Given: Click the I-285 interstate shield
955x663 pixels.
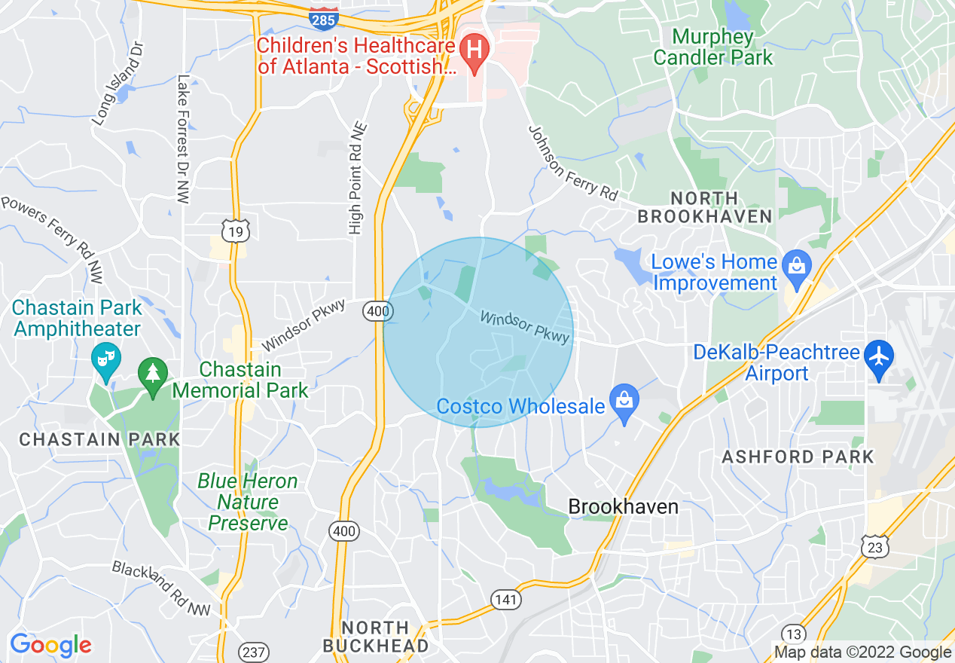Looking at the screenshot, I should [323, 20].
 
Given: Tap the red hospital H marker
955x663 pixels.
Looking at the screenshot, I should [474, 50].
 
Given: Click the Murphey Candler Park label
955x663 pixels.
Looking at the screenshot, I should [712, 47].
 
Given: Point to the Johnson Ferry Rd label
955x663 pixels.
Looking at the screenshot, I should [572, 163].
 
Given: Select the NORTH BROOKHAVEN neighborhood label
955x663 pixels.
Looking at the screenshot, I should [704, 207].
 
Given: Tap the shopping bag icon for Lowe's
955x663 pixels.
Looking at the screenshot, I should [795, 265].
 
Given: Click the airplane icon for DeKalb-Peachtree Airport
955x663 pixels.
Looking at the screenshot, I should [878, 355].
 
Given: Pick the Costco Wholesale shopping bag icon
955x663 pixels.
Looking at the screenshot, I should [624, 399].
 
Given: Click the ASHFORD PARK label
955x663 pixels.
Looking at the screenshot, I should [798, 457].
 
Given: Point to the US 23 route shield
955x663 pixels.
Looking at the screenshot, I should [875, 548].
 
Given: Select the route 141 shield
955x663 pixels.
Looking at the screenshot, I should [506, 600].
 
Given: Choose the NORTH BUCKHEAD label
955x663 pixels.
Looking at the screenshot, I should [375, 637].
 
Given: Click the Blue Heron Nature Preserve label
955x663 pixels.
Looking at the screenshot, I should [248, 502].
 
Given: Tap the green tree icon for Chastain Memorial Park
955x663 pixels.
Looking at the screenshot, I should [153, 371].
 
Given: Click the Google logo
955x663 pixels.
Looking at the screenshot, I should [50, 645].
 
